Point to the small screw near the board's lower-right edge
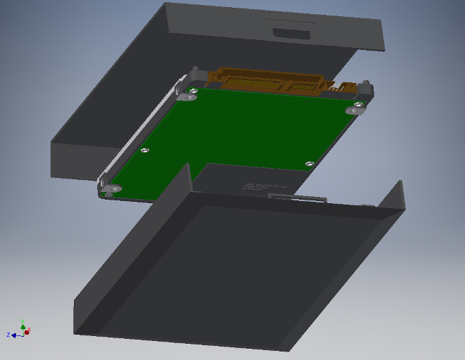click(309, 164)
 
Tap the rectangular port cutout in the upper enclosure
click(292, 32)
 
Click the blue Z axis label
click(8, 335)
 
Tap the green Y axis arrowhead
click(23, 324)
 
